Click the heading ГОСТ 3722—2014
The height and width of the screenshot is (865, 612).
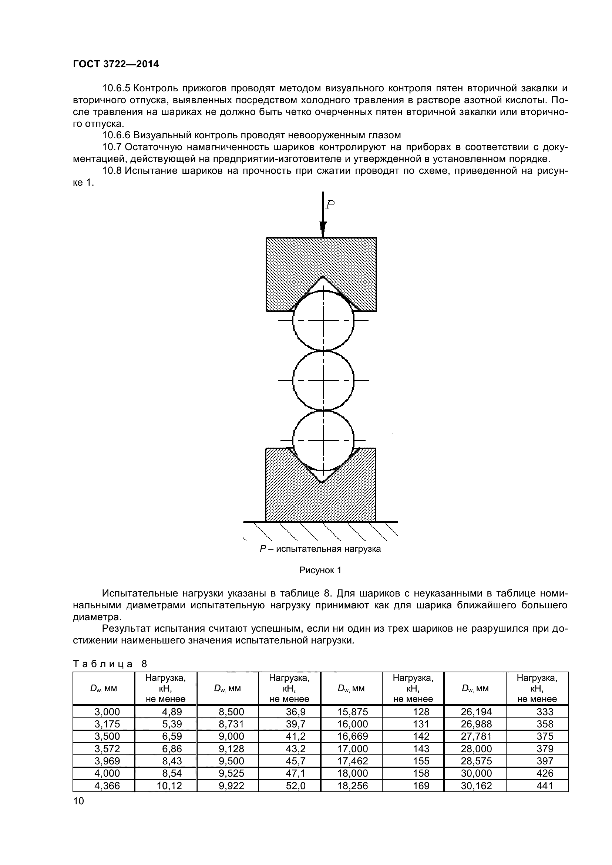click(x=116, y=64)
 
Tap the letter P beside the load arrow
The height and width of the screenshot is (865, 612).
click(x=330, y=205)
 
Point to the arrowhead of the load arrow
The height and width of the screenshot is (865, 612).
click(x=323, y=227)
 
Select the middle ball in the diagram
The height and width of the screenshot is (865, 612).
click(x=323, y=381)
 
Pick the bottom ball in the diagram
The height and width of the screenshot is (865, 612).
click(x=323, y=440)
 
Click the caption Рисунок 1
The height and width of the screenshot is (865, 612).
click(x=320, y=570)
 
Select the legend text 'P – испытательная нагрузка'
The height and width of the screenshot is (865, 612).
click(x=320, y=549)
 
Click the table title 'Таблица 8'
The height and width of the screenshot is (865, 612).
click(x=110, y=664)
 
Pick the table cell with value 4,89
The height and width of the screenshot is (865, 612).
click(x=172, y=712)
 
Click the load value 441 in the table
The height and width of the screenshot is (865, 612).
click(x=545, y=785)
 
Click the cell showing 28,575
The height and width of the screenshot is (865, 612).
click(x=476, y=761)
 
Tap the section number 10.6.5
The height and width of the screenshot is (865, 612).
click(x=116, y=88)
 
